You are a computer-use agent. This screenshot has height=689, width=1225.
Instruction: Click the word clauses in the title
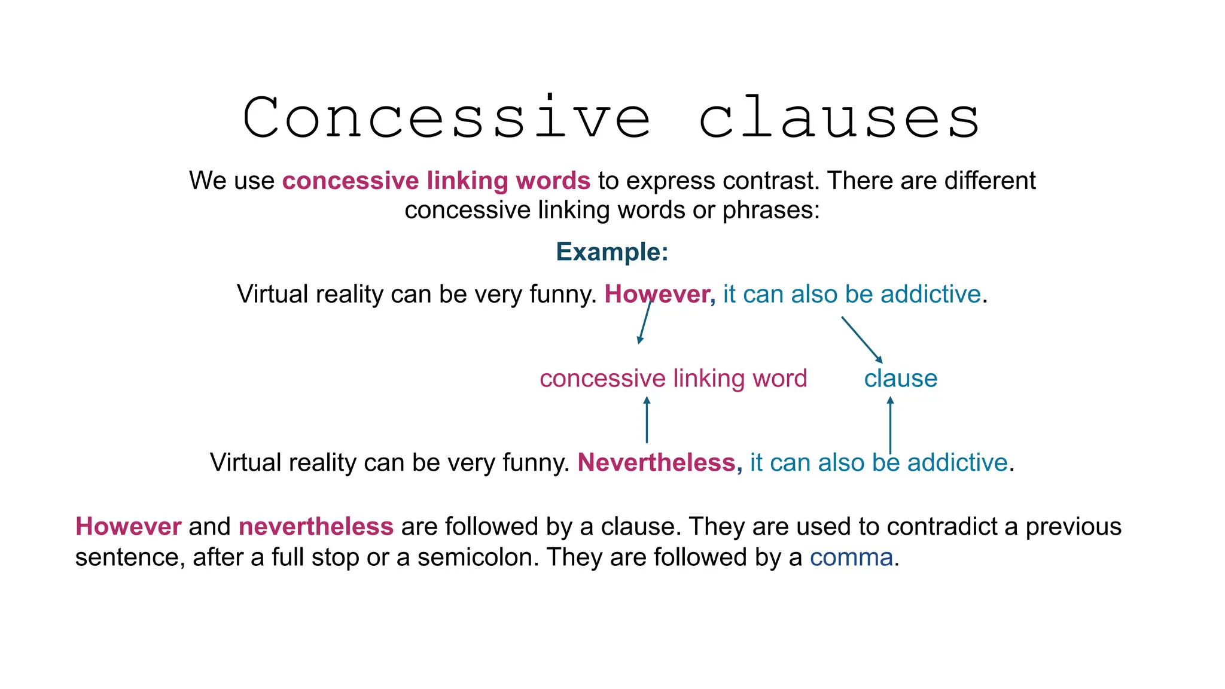839,118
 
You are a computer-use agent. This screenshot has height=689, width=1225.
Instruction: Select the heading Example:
612,252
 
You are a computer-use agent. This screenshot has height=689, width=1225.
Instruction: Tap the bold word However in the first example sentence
657,294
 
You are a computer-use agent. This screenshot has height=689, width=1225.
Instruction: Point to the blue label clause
900,379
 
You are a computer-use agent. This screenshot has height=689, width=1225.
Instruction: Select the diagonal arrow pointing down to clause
862,340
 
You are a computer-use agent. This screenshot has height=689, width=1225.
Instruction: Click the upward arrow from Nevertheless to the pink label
647,420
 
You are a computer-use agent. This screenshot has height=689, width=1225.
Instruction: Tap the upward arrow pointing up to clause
890,425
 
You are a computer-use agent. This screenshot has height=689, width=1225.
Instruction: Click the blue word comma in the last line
851,557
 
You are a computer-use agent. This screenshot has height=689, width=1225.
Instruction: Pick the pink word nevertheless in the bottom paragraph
316,527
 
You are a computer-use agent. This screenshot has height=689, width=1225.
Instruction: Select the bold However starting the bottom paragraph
128,527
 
